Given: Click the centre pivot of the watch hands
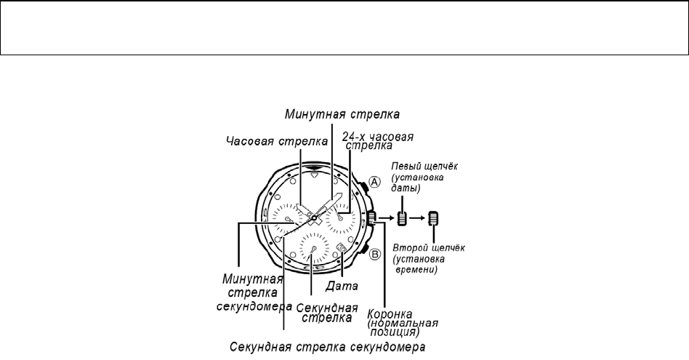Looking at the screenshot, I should [x=312, y=217].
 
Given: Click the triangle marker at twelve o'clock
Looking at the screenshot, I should [x=313, y=175].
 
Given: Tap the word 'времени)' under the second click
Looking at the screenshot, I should [x=416, y=270].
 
